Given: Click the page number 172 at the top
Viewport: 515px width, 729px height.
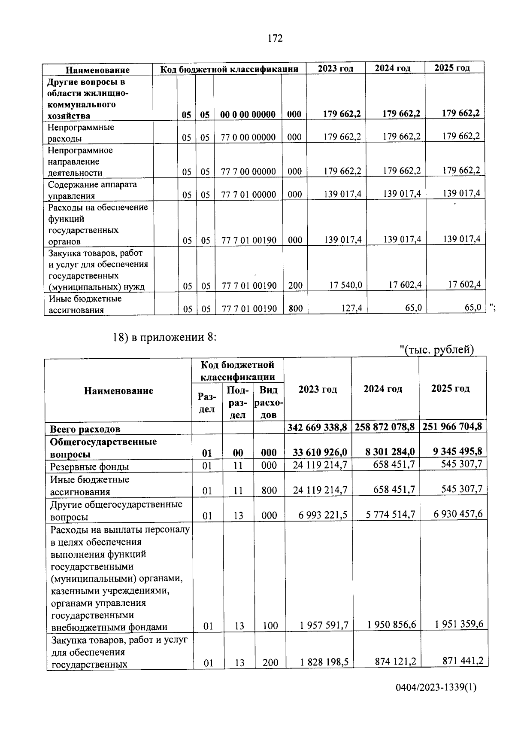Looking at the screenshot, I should (275, 39).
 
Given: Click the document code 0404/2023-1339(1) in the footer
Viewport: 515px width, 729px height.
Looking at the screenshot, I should (436, 688).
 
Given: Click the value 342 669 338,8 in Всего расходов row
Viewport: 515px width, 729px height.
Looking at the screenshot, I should (317, 428).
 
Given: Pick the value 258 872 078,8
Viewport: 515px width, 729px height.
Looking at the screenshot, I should (385, 427).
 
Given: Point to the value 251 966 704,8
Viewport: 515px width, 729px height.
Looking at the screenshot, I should (452, 426).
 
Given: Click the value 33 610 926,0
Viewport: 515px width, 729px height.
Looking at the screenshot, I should (320, 452).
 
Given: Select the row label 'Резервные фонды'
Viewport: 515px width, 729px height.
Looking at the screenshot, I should (90, 467).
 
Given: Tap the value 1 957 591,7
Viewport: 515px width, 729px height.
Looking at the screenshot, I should (324, 625).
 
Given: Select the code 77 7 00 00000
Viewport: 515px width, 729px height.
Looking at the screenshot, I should (248, 171).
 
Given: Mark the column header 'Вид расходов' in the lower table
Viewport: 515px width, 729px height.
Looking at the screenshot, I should (269, 402).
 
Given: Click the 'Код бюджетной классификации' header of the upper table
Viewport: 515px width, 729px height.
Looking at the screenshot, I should (229, 69).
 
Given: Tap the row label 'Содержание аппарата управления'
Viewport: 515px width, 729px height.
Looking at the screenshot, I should (92, 190).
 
